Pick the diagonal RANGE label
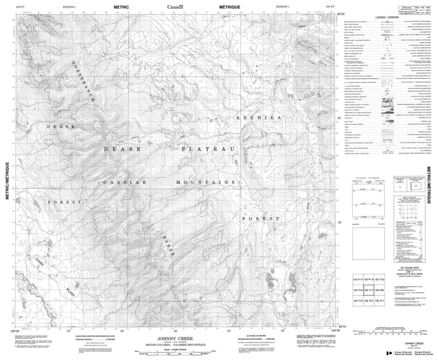click(x=168, y=247)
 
